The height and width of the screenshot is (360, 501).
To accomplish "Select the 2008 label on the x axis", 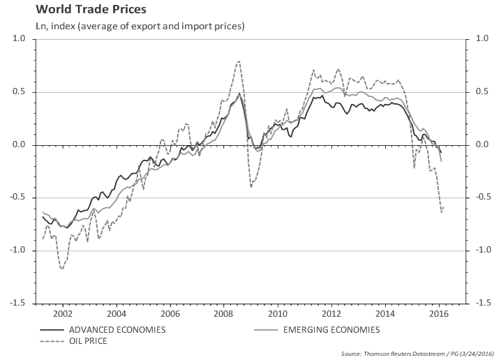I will tap(223, 313).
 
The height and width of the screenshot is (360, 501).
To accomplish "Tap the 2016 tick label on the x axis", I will tap(439, 313).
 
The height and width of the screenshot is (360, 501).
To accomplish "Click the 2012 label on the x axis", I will tap(331, 313).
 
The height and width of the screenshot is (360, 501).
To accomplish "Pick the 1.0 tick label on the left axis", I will tap(18, 40).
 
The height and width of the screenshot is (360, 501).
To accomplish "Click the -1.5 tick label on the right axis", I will tap(483, 303).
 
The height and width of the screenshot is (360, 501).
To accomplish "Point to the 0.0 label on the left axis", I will tap(18, 145).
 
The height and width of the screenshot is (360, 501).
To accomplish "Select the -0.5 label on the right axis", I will tap(483, 197).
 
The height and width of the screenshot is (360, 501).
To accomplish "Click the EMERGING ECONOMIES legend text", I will tap(331, 329).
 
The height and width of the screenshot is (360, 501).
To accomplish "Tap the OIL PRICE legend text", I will tap(89, 342).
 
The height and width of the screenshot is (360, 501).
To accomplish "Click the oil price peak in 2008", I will tap(239, 61).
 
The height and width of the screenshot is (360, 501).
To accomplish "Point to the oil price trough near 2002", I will tap(63, 269).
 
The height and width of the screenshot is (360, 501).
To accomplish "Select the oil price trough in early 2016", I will tap(441, 212).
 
